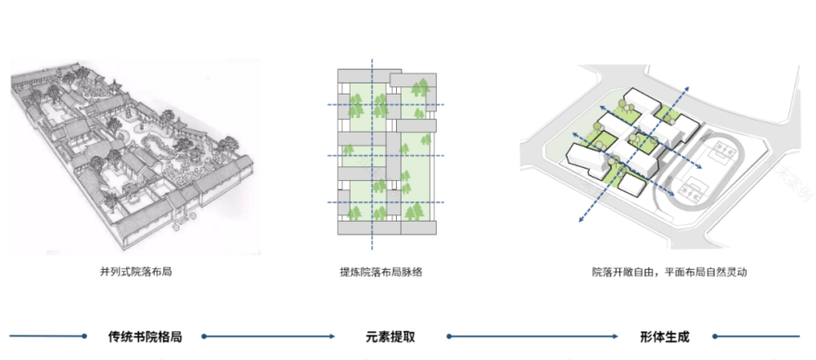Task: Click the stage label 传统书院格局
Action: tap(145, 337)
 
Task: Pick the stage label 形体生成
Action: tap(664, 337)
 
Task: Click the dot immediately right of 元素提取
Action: tap(447, 337)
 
